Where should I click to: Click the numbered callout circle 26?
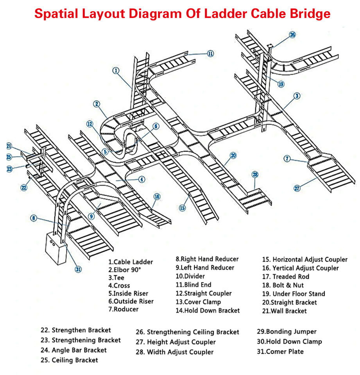tap(292, 34)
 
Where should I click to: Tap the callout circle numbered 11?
tap(210, 54)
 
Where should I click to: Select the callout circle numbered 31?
tap(78, 269)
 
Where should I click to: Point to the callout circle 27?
tap(297, 188)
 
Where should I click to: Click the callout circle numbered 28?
tap(255, 174)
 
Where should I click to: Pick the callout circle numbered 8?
tap(34, 218)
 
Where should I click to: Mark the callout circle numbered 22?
tap(24, 187)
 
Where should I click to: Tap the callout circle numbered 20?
tap(233, 155)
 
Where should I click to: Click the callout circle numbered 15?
tap(182, 208)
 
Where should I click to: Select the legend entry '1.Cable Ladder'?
tap(131, 262)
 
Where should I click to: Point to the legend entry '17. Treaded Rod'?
tap(285, 277)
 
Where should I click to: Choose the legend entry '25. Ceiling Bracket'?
tap(69, 360)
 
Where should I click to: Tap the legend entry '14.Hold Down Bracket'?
tap(207, 311)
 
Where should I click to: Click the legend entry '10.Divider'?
tap(190, 276)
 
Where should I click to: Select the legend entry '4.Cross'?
tap(119, 286)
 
